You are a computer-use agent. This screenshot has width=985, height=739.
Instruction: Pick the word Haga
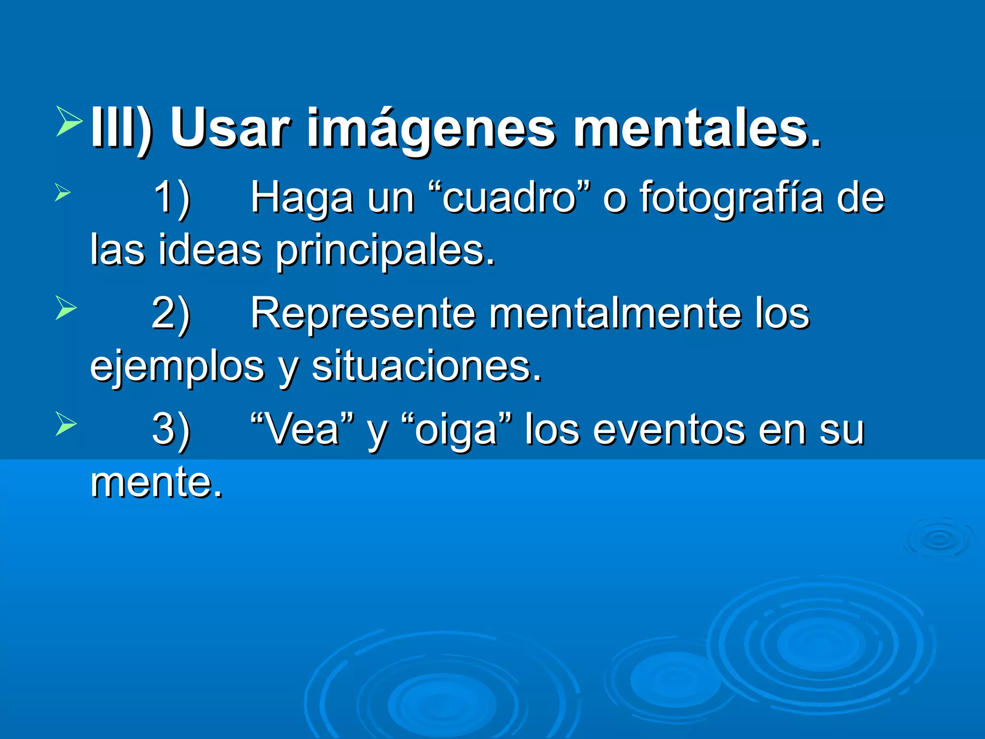tap(302, 198)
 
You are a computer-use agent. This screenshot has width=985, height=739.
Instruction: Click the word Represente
tap(363, 313)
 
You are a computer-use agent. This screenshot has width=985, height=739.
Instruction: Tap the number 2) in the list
tap(171, 314)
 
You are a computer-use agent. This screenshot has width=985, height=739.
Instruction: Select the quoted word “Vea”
tap(303, 429)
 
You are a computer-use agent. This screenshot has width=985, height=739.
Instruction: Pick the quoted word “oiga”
tap(456, 430)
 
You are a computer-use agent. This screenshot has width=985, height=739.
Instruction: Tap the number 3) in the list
tap(171, 430)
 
